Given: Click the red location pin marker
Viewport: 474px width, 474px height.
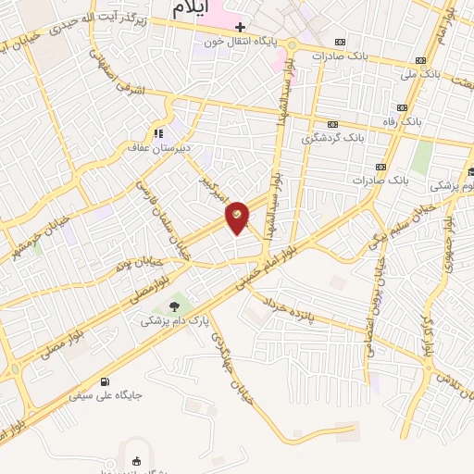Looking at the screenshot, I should [x=237, y=217].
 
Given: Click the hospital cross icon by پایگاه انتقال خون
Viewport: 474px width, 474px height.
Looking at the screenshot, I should [x=240, y=27].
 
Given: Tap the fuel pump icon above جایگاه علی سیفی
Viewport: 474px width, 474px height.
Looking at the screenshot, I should [x=104, y=380].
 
